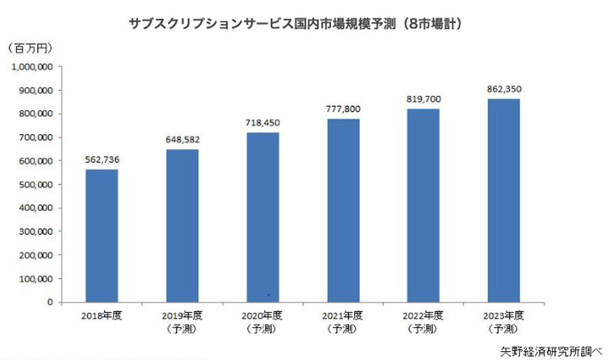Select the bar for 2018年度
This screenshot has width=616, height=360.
pos(101,235)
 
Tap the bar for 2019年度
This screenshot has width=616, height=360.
pos(182,226)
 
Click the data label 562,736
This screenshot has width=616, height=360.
pos(101,160)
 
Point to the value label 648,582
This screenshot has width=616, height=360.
pos(182,140)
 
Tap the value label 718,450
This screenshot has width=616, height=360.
pos(262,123)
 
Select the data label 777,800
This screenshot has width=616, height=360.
pos(343,110)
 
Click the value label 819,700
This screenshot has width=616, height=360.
pos(423,99)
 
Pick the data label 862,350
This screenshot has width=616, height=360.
pos(503,89)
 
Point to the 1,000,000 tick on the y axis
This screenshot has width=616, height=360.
pos(34,67)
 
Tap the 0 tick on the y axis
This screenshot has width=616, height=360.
pos(50,302)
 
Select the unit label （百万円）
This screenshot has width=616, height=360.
pos(29,49)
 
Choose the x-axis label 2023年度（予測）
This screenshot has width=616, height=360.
pos(503,322)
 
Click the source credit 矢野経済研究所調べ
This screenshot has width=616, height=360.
pos(551,350)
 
